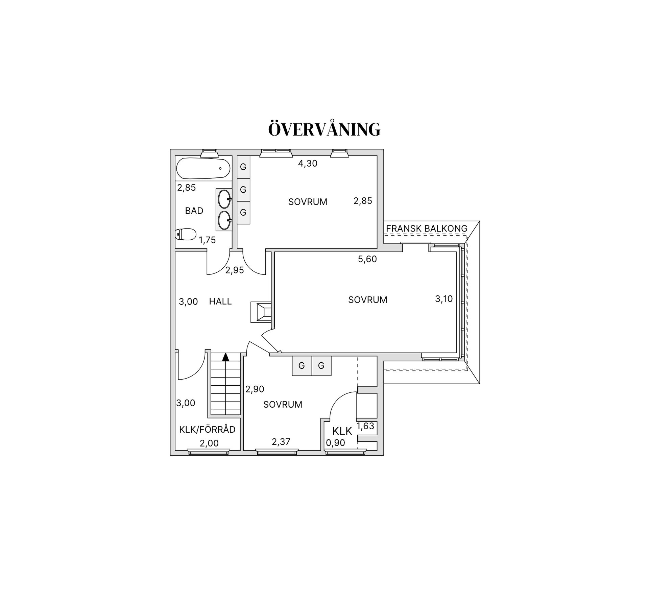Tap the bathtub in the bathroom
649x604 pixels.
click(203, 168)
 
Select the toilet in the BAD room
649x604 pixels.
click(186, 234)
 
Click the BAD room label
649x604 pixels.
click(194, 211)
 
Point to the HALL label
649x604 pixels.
click(220, 301)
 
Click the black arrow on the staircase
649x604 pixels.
click(225, 357)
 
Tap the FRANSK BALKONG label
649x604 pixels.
click(427, 228)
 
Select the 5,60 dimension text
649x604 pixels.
click(367, 259)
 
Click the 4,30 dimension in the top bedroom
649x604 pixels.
click(308, 164)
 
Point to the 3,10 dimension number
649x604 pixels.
click(444, 299)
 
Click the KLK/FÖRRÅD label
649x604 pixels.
click(207, 430)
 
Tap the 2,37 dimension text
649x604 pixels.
click(281, 442)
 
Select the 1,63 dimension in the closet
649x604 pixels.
click(365, 426)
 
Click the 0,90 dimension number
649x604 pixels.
click(336, 443)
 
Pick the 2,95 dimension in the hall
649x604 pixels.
click(235, 270)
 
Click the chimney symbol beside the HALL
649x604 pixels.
click(261, 312)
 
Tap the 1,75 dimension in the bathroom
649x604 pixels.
click(207, 240)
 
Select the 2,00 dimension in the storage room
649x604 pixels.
click(209, 443)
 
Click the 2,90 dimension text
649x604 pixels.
click(255, 389)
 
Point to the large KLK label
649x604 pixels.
click(342, 431)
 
